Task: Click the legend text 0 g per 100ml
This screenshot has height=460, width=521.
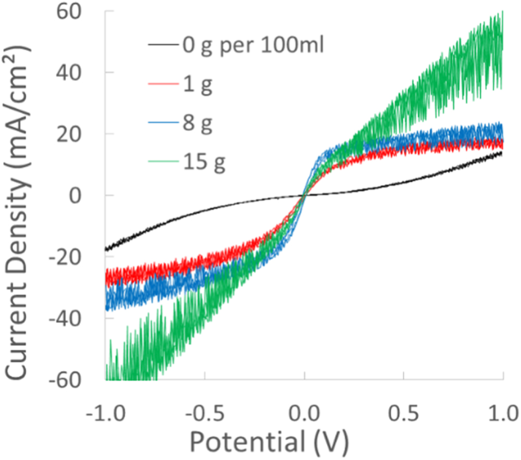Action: [254, 47]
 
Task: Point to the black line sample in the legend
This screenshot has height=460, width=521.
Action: [163, 47]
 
